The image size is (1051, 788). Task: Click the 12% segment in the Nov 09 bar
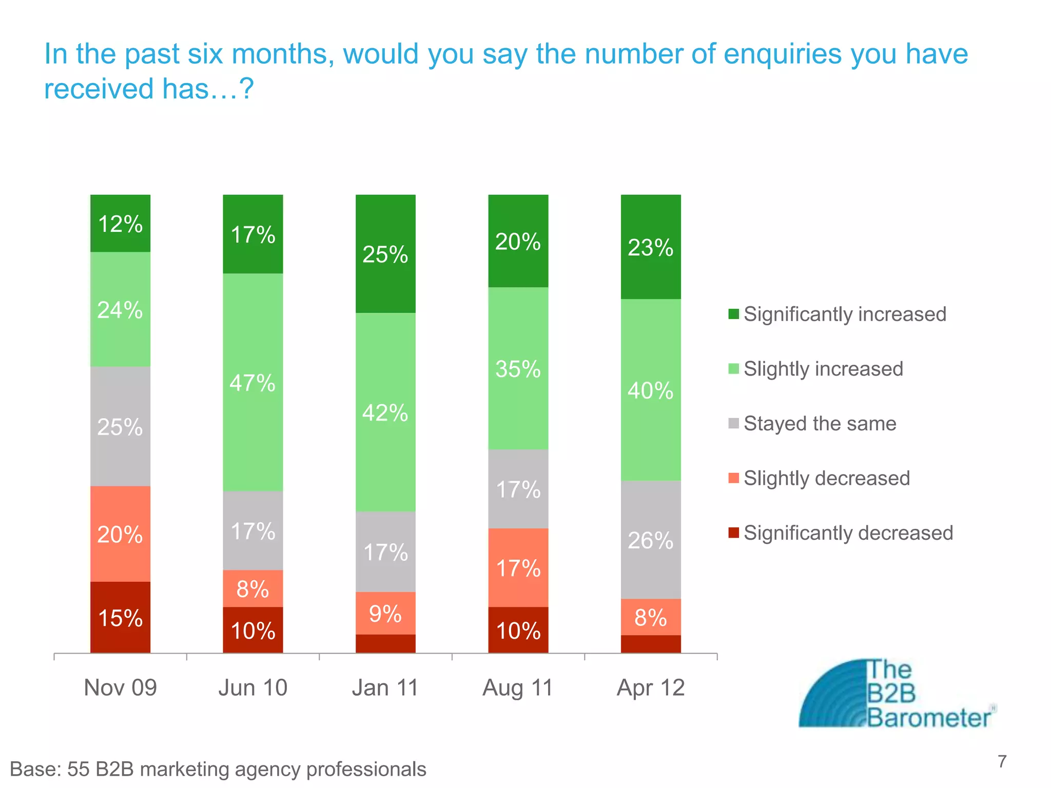(x=120, y=224)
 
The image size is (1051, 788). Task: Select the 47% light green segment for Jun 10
(x=252, y=382)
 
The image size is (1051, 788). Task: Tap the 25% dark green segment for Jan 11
(x=385, y=254)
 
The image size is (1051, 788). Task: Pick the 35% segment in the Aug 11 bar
(x=518, y=368)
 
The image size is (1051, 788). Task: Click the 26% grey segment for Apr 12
(x=651, y=540)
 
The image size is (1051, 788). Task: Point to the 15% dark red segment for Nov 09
(x=120, y=617)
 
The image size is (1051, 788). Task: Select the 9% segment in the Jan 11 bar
(x=385, y=613)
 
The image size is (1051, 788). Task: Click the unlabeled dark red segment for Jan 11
(x=385, y=644)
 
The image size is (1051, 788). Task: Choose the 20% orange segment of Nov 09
(x=120, y=534)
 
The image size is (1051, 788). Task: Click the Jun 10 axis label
(x=252, y=687)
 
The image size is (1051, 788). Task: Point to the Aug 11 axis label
(x=518, y=687)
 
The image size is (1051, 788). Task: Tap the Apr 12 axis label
(x=651, y=687)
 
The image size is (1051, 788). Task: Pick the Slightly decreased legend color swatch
(x=734, y=478)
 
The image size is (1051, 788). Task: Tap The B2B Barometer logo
(x=896, y=694)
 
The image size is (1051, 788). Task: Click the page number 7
(x=1002, y=761)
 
